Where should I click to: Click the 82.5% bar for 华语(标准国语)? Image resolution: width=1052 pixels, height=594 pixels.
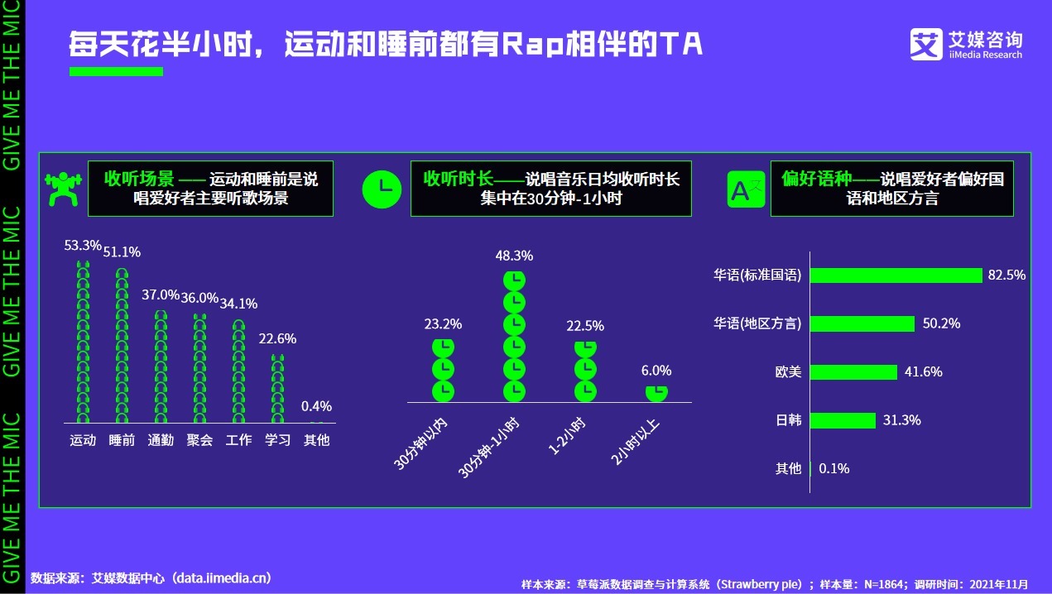(x=896, y=275)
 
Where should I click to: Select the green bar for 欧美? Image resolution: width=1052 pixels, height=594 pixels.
(x=853, y=372)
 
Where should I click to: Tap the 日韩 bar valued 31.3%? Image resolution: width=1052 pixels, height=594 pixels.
(x=843, y=420)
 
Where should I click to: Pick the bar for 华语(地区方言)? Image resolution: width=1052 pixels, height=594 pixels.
(x=862, y=323)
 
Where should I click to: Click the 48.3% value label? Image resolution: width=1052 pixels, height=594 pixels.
(x=514, y=256)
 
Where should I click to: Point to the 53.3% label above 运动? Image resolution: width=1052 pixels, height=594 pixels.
(x=83, y=246)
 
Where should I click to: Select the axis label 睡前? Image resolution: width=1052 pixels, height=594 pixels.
(x=122, y=440)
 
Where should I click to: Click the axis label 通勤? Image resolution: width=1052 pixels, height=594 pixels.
(x=161, y=440)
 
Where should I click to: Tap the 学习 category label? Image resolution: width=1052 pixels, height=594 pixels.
(x=278, y=440)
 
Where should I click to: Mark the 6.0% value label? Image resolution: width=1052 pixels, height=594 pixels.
(x=656, y=371)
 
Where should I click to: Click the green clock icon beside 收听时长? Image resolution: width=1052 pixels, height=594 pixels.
(x=382, y=188)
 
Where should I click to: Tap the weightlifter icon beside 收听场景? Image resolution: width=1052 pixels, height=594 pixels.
(x=64, y=188)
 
